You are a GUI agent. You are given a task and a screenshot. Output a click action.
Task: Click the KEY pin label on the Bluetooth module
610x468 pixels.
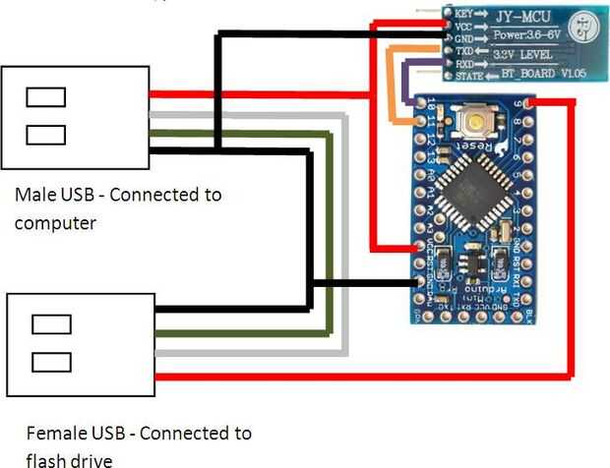tap(464, 14)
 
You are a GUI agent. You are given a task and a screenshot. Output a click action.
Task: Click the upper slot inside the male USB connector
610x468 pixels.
tap(46, 96)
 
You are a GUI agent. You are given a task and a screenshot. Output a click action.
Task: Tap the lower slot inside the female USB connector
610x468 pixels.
tap(51, 361)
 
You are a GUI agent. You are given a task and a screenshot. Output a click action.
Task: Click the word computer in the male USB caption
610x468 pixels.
tap(55, 223)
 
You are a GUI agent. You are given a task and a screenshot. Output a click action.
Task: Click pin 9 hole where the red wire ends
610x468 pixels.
tap(530, 102)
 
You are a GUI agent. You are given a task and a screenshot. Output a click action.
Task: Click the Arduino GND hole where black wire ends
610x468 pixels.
tap(422, 283)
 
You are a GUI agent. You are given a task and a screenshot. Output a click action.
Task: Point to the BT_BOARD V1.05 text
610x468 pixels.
tap(536, 74)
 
